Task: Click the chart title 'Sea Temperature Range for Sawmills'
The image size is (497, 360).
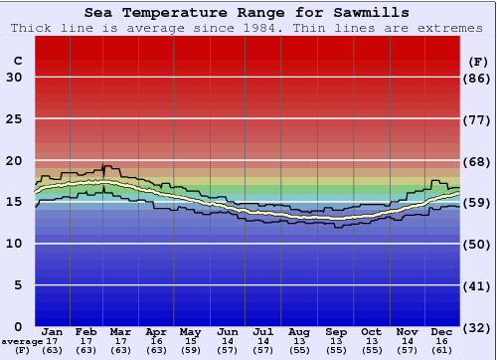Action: point(247,13)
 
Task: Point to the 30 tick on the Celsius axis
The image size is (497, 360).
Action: point(14,78)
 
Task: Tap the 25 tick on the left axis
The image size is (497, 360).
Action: point(14,119)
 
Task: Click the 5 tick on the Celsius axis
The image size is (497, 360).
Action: point(18,285)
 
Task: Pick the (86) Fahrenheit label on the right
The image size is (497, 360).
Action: point(479,78)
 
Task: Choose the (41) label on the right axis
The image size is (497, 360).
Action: point(479,285)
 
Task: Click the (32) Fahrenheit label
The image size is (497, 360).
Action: point(479,327)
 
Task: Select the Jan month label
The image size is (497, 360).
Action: point(53,331)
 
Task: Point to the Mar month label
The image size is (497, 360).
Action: point(121,331)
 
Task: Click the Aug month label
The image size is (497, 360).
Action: point(298,331)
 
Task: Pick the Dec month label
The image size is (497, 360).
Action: point(442,331)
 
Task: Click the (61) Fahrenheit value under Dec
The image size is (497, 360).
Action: point(442,350)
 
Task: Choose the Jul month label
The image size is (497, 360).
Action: point(262,331)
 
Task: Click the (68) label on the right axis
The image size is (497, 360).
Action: point(479,161)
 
